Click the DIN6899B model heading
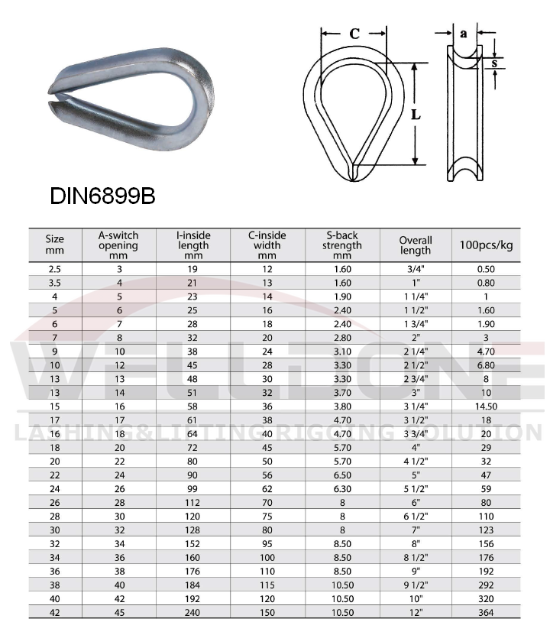[103, 196]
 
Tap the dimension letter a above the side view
[464, 33]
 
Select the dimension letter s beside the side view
[495, 63]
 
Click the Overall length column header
[416, 245]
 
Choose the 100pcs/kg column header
[486, 245]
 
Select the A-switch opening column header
[118, 245]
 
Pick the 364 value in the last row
[486, 613]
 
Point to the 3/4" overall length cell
[416, 269]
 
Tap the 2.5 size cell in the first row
[54, 269]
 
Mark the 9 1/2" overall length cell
[416, 585]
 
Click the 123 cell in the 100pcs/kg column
[486, 530]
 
